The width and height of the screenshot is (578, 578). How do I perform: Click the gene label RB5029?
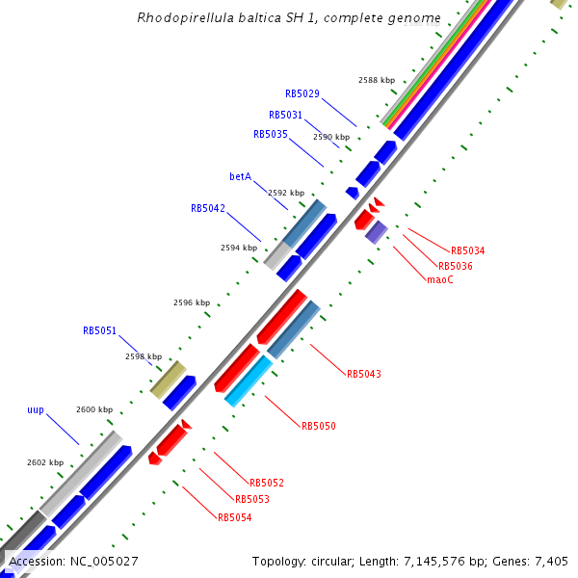tap(302, 94)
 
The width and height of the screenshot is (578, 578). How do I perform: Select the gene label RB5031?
tap(285, 115)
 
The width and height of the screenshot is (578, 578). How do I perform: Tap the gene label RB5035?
tap(270, 135)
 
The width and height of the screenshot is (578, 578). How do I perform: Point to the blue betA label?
tap(240, 177)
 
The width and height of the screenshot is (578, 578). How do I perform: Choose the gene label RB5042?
tap(207, 208)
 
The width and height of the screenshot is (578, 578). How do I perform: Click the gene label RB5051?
tap(99, 330)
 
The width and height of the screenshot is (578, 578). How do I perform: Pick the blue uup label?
tap(36, 410)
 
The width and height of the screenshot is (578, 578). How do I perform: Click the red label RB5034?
tap(467, 250)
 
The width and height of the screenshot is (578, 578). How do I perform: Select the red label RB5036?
tap(455, 266)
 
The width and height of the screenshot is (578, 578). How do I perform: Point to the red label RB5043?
tap(363, 374)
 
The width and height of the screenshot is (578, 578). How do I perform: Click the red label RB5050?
tap(318, 426)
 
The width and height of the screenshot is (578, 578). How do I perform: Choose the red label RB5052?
tap(266, 483)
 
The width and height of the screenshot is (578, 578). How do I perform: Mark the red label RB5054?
tap(234, 517)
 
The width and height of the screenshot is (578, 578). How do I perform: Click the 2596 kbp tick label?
tap(191, 302)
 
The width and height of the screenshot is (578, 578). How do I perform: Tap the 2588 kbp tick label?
tap(376, 80)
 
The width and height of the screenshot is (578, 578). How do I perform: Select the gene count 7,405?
tap(550, 561)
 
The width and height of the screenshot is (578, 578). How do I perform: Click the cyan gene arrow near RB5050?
tap(248, 380)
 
